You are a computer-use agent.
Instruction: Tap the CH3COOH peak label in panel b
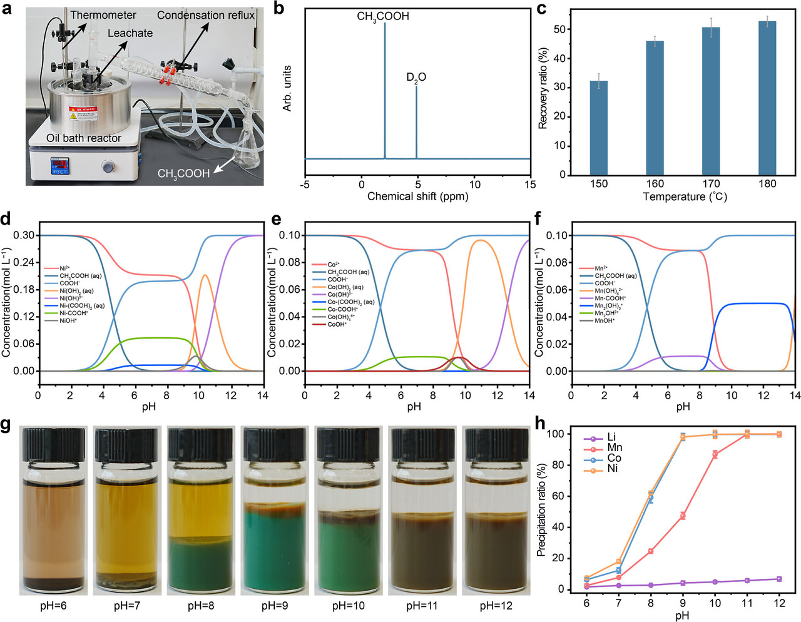383,16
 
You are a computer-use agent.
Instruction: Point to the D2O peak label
416,78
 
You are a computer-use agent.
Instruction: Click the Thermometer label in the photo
103,14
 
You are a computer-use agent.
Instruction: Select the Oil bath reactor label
84,138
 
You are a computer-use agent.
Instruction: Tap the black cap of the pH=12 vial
496,445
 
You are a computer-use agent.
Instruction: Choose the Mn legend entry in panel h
614,447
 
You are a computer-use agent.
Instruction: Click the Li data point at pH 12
779,579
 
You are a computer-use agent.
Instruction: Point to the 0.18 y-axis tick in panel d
24,290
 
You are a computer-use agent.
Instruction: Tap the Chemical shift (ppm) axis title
417,196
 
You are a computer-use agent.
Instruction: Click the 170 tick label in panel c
711,184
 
